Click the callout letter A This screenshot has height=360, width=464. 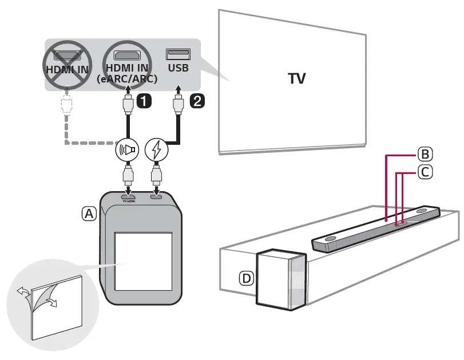point(89,213)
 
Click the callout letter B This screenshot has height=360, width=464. point(425,154)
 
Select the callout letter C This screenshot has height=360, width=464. point(425,171)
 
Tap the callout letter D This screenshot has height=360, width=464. point(246,279)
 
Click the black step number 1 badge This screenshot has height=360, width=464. point(144,101)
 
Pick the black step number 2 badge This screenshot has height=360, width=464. point(196,101)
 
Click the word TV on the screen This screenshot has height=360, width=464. point(297,78)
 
